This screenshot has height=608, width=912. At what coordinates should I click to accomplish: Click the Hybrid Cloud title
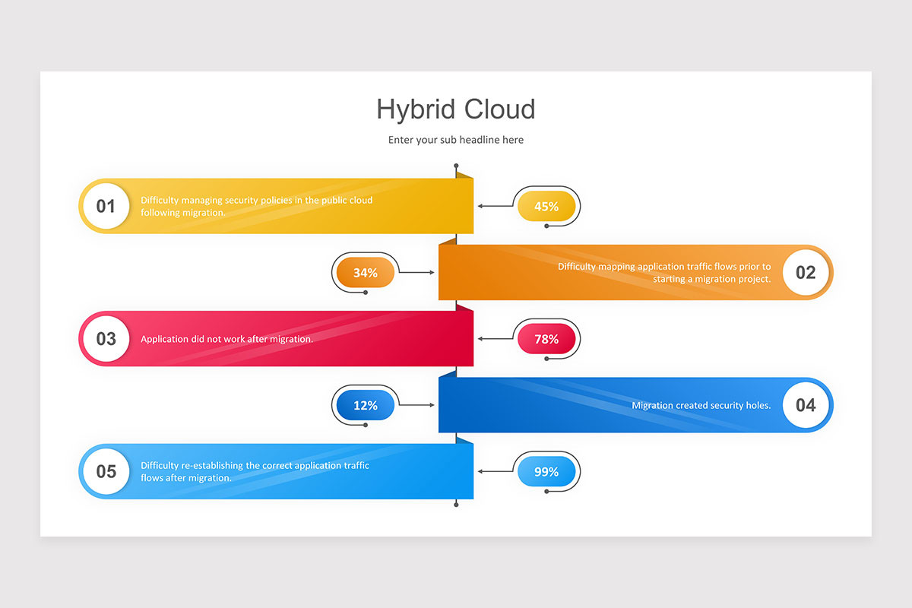(x=455, y=109)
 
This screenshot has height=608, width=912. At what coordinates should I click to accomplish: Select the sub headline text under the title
(x=455, y=140)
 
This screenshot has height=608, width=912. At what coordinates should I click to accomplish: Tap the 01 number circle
(x=106, y=206)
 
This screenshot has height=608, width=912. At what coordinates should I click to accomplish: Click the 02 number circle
(x=806, y=272)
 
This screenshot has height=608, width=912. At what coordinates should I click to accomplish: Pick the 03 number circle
(x=106, y=339)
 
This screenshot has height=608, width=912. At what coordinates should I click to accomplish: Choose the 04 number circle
(x=806, y=405)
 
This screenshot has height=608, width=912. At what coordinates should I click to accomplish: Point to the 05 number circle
(x=106, y=471)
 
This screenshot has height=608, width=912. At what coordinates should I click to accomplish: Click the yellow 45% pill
(x=546, y=206)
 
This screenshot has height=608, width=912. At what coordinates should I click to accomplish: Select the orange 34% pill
(x=366, y=272)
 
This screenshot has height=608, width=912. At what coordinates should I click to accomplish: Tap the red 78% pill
(x=546, y=339)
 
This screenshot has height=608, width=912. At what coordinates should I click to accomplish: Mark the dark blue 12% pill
(x=366, y=405)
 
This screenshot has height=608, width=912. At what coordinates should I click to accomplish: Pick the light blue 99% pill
(x=546, y=471)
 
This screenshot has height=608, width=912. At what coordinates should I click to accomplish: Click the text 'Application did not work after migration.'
(x=226, y=339)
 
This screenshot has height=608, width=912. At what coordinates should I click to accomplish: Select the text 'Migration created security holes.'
(x=701, y=405)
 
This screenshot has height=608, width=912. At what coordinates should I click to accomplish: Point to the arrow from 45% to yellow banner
(x=496, y=206)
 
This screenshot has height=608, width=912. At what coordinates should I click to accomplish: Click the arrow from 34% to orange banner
(x=416, y=272)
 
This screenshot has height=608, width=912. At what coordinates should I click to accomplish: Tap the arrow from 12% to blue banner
(x=416, y=405)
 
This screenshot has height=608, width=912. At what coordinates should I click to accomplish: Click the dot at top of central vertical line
(x=456, y=166)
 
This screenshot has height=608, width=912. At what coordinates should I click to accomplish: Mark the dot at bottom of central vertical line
(x=456, y=505)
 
